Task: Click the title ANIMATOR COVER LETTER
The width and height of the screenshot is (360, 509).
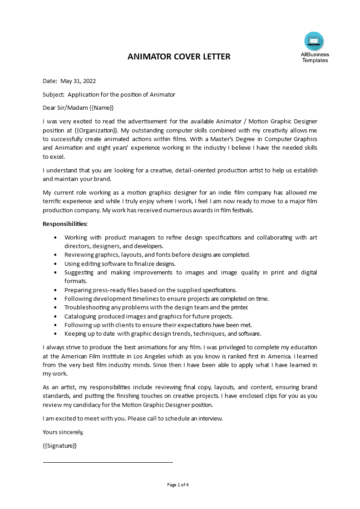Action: [179, 57]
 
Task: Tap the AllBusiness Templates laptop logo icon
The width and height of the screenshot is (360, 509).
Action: [314, 41]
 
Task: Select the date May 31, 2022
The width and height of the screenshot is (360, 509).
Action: [78, 81]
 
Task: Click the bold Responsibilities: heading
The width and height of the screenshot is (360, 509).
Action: [65, 224]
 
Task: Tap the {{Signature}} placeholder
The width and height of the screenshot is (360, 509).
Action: [59, 445]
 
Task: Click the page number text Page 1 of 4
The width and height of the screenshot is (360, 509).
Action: [178, 485]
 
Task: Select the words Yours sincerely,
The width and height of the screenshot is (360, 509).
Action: [63, 432]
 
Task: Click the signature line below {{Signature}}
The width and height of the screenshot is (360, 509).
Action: [108, 462]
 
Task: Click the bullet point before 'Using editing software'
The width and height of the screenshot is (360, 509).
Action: [55, 264]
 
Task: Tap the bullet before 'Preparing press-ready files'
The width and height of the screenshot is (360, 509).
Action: [55, 290]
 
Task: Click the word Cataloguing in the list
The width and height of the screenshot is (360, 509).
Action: [81, 316]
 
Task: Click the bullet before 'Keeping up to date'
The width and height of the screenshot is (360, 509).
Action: [55, 333]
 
